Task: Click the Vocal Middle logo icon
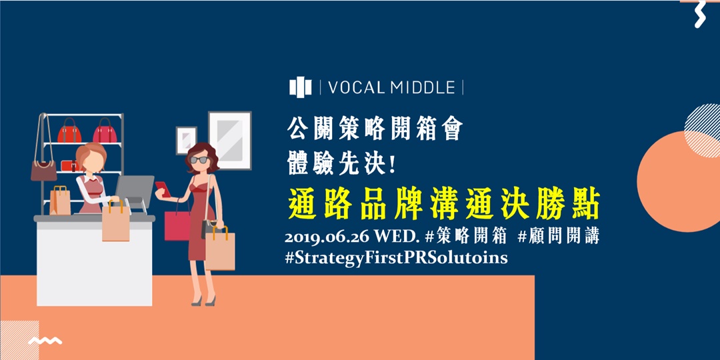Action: click(301, 87)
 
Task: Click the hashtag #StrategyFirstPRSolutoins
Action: click(396, 258)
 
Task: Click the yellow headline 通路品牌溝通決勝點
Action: click(445, 204)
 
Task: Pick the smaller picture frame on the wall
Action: click(186, 140)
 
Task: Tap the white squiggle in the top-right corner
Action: click(699, 14)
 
